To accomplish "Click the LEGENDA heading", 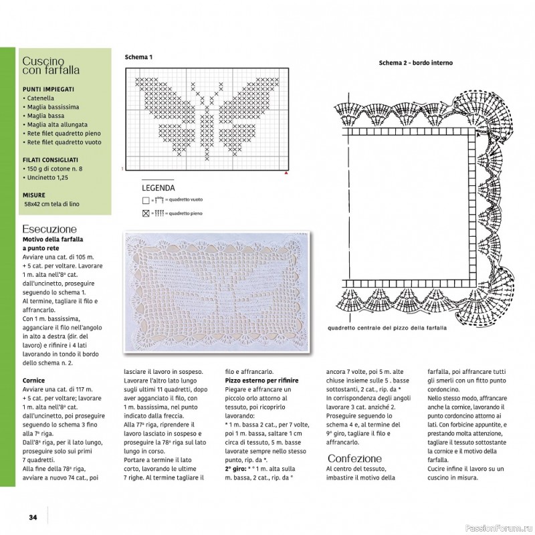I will coord(158,188).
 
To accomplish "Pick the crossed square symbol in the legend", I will coord(146,213).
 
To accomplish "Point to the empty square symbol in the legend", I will coord(146,200).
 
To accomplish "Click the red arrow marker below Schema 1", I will coord(287,173).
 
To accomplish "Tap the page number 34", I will coord(32,517).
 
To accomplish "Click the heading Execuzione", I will coord(49,227).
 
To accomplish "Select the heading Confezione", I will coord(354,458).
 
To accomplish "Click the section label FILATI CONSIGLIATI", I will coord(51,160).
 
